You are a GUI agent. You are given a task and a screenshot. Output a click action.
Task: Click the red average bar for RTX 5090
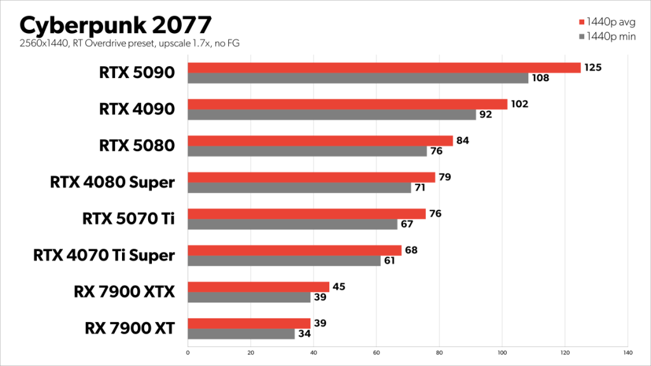coord(384,68)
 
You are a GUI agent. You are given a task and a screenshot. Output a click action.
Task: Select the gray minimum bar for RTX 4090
coord(332,115)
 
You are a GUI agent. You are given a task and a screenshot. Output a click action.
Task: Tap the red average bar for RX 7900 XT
coord(249,323)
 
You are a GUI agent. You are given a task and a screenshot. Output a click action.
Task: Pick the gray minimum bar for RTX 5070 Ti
coord(292,224)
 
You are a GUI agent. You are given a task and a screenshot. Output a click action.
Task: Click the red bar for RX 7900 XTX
coord(259,287)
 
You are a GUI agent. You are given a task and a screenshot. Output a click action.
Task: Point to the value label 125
coord(593,67)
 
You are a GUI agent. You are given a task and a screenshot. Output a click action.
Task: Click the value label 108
coord(540,79)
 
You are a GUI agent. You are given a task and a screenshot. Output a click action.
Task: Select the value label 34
coord(306,334)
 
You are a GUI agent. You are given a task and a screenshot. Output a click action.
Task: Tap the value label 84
coord(463,140)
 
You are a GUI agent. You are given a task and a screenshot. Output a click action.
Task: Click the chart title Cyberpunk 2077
coord(115,25)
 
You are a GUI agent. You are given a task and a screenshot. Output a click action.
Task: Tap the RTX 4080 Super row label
coord(112,182)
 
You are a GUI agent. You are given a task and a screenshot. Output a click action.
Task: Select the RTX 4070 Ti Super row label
coord(104,255)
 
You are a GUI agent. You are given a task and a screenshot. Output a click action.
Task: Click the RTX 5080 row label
coord(137,146)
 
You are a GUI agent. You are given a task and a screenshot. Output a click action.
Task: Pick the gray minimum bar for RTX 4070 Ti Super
coord(284,261)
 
